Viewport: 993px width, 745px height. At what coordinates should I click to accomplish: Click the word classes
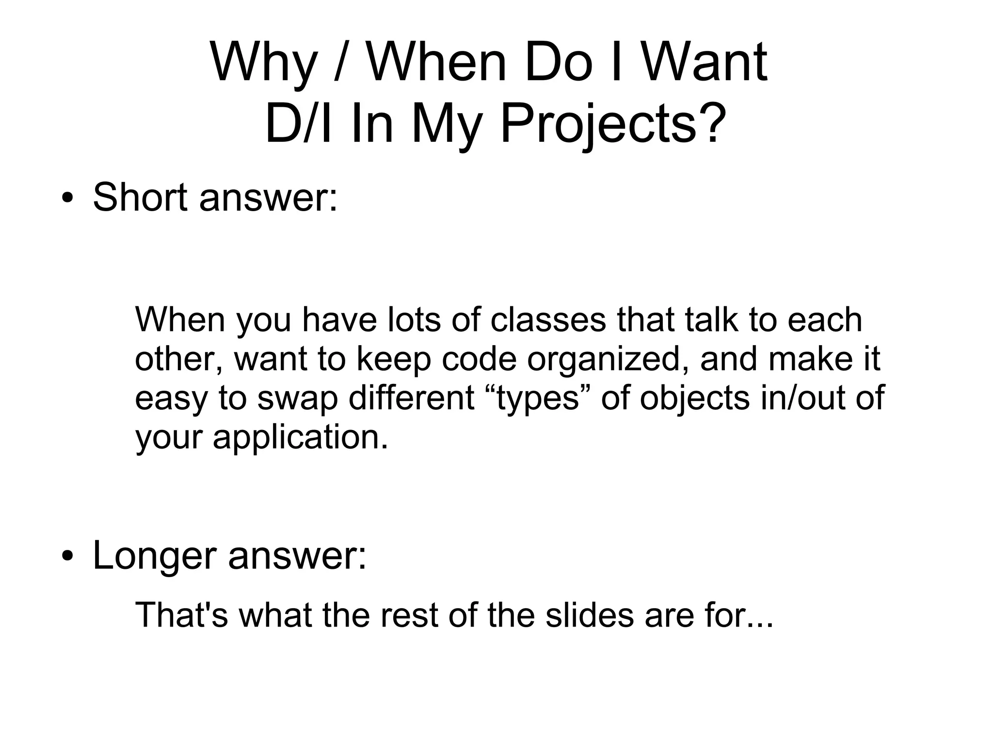pyautogui.click(x=548, y=320)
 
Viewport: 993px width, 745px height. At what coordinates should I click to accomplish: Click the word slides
pyautogui.click(x=590, y=615)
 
